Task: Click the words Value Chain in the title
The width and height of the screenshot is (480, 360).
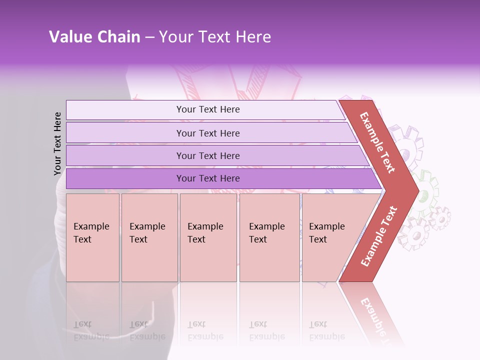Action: (x=94, y=37)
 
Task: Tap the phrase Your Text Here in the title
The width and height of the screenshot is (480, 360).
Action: (x=215, y=37)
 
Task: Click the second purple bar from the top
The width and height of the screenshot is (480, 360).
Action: (x=208, y=133)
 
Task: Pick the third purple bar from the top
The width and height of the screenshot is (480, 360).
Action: (x=208, y=155)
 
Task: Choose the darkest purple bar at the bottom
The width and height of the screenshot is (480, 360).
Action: (x=208, y=178)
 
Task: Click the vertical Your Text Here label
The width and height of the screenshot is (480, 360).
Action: (x=57, y=143)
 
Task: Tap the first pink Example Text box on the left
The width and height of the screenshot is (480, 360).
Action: (x=92, y=237)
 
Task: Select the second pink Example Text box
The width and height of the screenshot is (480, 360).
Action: (x=149, y=237)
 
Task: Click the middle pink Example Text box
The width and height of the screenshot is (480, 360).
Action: (x=208, y=237)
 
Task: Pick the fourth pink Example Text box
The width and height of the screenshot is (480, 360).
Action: (x=269, y=237)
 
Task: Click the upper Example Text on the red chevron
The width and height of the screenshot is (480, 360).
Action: (x=378, y=142)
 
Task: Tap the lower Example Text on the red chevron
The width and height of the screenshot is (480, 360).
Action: (x=379, y=236)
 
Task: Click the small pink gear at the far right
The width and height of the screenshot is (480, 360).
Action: (x=440, y=218)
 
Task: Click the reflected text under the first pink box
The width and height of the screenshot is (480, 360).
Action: (x=91, y=330)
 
